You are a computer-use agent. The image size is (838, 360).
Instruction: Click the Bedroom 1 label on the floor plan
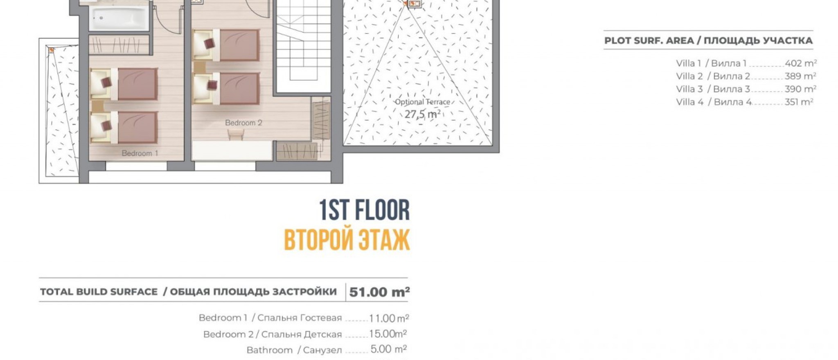pyautogui.click(x=140, y=153)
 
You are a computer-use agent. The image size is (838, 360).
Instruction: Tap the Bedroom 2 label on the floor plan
pyautogui.click(x=243, y=123)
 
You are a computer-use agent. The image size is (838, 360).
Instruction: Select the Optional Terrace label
pyautogui.click(x=422, y=102)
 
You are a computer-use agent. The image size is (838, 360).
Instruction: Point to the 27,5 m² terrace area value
pyautogui.click(x=422, y=114)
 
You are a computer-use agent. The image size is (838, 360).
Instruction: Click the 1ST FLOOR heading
pyautogui.click(x=364, y=211)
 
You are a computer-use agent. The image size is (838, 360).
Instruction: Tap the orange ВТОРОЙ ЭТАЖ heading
pyautogui.click(x=347, y=240)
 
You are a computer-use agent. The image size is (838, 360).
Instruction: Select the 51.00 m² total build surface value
pyautogui.click(x=379, y=292)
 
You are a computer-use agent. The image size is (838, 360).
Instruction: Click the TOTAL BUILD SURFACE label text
pyautogui.click(x=99, y=292)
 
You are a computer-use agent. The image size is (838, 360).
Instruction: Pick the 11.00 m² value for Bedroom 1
pyautogui.click(x=389, y=318)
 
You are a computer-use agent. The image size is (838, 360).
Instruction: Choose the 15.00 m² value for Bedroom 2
pyautogui.click(x=387, y=334)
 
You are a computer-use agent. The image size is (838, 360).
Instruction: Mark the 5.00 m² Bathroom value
pyautogui.click(x=388, y=350)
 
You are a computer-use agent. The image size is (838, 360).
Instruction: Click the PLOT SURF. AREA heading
pyautogui.click(x=708, y=41)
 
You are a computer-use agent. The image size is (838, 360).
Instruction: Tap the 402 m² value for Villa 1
pyautogui.click(x=800, y=63)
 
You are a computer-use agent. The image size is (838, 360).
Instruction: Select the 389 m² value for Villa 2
pyautogui.click(x=800, y=76)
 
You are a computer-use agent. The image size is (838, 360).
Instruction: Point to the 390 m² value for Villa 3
pyautogui.click(x=800, y=89)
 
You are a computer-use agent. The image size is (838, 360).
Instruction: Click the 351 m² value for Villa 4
pyautogui.click(x=798, y=102)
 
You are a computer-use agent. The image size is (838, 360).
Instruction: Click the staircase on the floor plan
pyautogui.click(x=303, y=45)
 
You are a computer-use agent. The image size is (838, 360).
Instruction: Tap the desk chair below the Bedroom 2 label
pyautogui.click(x=236, y=134)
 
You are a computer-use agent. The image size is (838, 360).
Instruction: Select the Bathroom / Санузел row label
pyautogui.click(x=294, y=350)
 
